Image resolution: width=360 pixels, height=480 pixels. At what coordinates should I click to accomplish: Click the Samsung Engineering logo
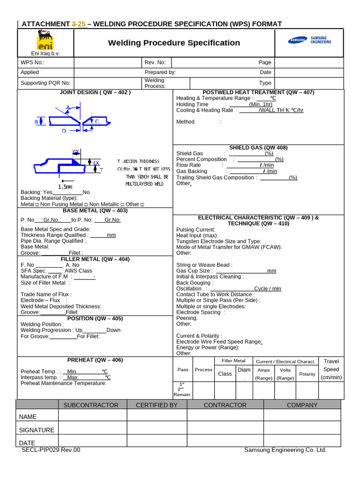click(x=310, y=40)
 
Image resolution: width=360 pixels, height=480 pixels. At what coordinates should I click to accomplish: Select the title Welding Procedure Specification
click(x=174, y=43)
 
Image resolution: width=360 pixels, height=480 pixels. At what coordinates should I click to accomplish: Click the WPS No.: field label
click(x=32, y=62)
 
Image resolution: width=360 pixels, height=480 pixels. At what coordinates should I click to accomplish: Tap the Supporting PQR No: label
click(x=45, y=83)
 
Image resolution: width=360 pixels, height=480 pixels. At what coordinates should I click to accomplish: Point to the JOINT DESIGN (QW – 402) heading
click(x=95, y=92)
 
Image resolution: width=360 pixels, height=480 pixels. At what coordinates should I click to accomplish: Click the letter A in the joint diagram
click(x=68, y=108)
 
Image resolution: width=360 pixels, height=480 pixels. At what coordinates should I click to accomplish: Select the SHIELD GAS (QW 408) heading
click(x=258, y=148)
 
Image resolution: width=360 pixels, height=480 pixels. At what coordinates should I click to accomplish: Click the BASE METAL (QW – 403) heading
click(x=95, y=210)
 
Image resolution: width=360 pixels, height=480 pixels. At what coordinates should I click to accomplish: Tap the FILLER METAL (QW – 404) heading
click(x=95, y=259)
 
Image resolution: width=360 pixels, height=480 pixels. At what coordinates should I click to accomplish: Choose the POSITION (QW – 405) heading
click(x=95, y=318)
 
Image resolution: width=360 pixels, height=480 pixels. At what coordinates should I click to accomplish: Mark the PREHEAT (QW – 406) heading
click(x=95, y=360)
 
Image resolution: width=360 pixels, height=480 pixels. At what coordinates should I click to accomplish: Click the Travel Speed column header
click(x=331, y=369)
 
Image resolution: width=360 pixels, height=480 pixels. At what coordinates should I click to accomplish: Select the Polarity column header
click(x=307, y=374)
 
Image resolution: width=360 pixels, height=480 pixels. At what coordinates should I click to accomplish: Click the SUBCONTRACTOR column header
click(x=91, y=405)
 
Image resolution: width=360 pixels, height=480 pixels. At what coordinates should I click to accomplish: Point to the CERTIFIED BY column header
click(x=157, y=405)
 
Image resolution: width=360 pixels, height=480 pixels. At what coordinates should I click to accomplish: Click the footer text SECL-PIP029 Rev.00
click(x=51, y=450)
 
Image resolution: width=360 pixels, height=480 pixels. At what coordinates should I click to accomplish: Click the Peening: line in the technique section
click(x=187, y=318)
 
